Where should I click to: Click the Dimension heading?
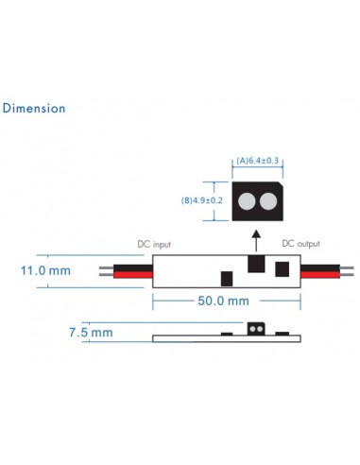click(x=35, y=108)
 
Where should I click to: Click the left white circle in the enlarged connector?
click(x=248, y=200)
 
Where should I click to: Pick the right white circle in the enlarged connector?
click(x=269, y=200)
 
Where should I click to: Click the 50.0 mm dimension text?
click(x=223, y=301)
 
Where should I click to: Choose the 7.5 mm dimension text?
click(x=91, y=333)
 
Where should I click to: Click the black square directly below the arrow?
click(x=254, y=264)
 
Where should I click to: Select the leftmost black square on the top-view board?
click(x=227, y=278)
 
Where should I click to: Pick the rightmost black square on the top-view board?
click(x=282, y=269)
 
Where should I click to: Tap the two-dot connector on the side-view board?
click(x=255, y=329)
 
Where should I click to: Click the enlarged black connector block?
click(x=258, y=199)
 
